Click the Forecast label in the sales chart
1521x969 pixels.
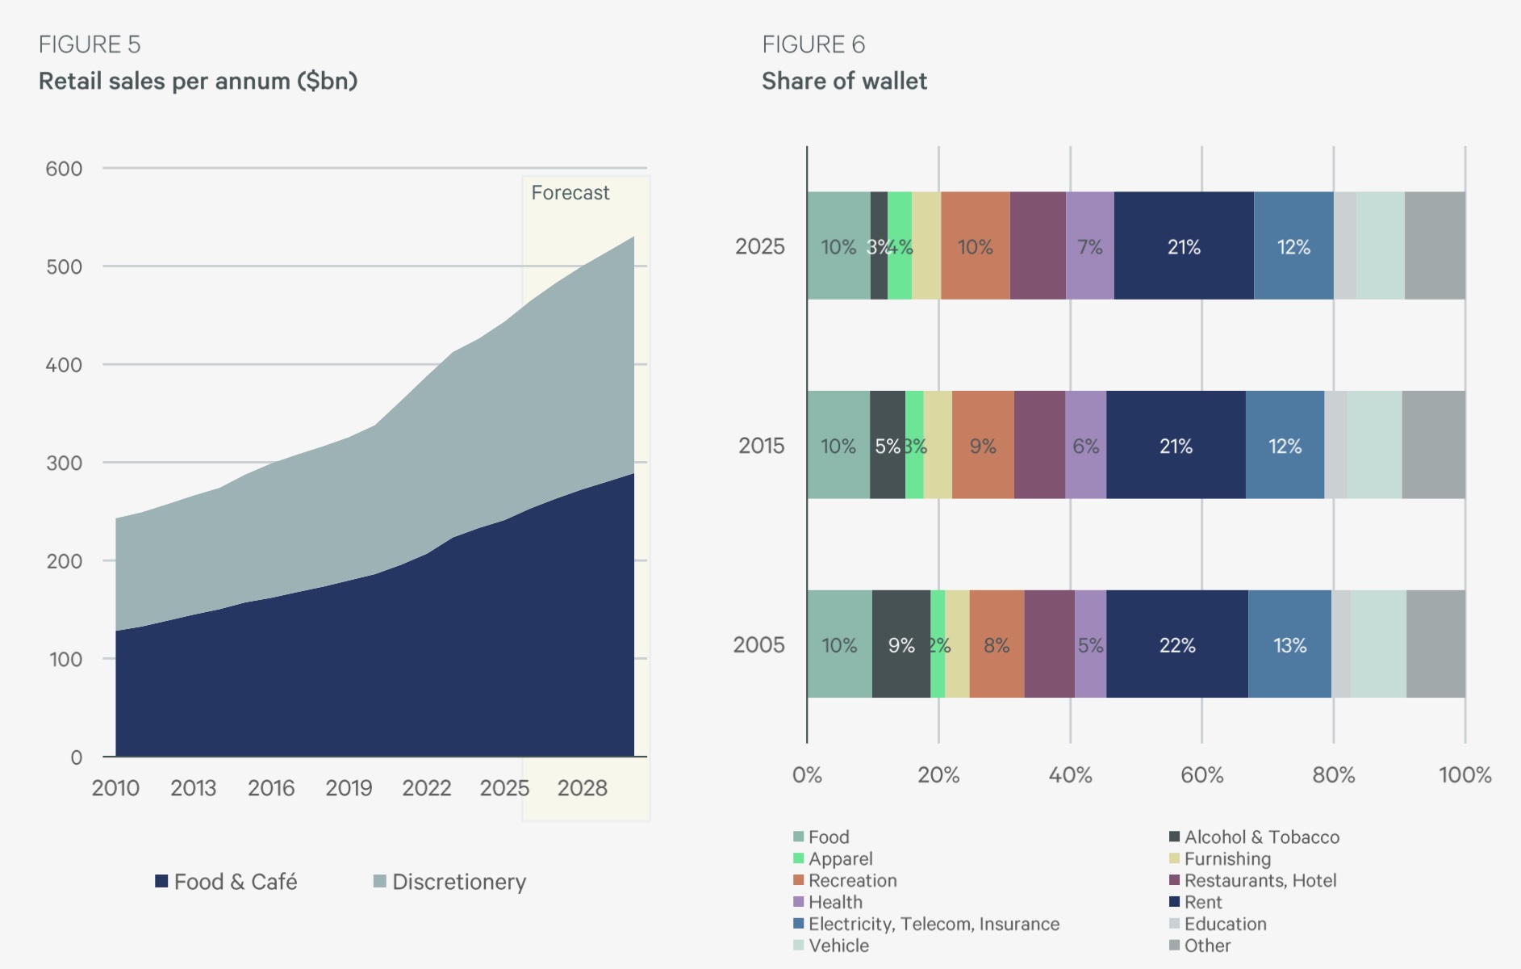(x=570, y=193)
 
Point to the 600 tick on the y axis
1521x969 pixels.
(x=64, y=169)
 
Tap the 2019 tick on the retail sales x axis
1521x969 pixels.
(x=349, y=788)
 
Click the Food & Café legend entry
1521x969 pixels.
(x=226, y=882)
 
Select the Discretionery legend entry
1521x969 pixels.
(x=449, y=882)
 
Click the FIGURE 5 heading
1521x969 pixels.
(x=90, y=44)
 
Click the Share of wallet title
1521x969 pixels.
(x=844, y=81)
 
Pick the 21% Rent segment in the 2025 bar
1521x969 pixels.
(x=1184, y=245)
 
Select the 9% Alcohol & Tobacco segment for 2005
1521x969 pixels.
(x=901, y=644)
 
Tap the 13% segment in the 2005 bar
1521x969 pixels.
(x=1289, y=644)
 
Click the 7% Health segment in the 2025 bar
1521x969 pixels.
(x=1090, y=245)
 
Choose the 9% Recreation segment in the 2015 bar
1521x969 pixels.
(x=983, y=445)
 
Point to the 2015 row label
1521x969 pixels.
(x=761, y=446)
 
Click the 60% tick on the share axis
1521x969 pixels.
(x=1201, y=775)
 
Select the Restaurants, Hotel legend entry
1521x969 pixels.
(x=1253, y=880)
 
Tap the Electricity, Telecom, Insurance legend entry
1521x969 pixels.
(x=926, y=924)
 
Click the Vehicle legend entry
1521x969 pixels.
(x=831, y=946)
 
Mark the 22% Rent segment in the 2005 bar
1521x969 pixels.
(x=1177, y=644)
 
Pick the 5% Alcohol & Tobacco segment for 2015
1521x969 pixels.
(x=888, y=445)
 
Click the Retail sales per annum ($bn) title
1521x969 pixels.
(x=198, y=81)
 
